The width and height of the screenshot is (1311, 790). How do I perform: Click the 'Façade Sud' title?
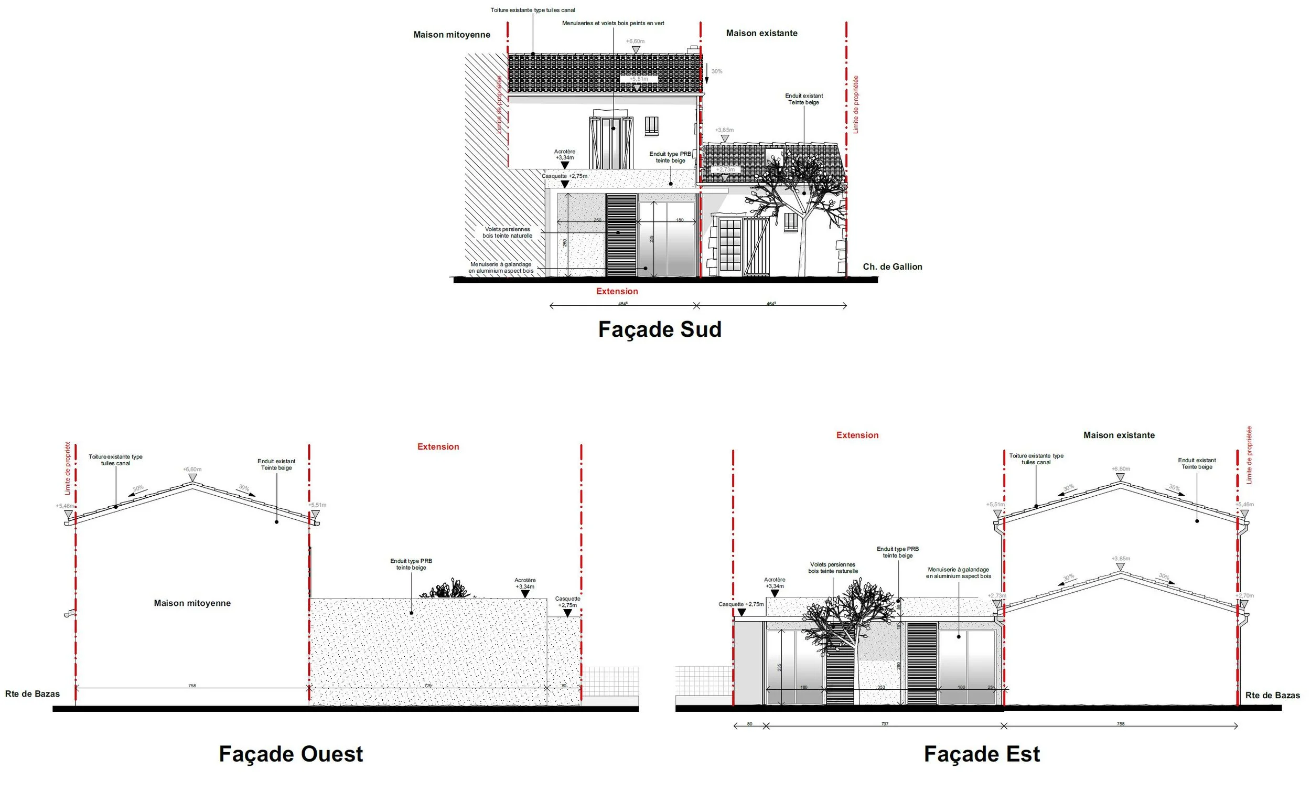[x=660, y=329]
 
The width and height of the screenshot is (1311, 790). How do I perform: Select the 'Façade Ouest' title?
[x=291, y=754]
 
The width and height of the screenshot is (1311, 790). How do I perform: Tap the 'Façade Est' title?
[x=982, y=754]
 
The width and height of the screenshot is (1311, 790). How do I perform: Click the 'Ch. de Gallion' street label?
[x=893, y=266]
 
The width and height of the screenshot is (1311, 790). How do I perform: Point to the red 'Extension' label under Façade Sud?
[x=617, y=291]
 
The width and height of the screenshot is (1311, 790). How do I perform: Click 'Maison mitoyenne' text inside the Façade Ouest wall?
[x=192, y=603]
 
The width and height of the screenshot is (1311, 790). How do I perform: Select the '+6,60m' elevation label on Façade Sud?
[x=635, y=41]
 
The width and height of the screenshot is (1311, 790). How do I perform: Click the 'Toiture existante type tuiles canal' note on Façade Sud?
[x=533, y=10]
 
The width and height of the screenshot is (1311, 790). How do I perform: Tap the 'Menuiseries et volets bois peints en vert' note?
[x=613, y=24]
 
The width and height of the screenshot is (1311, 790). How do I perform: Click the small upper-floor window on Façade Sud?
[x=652, y=125]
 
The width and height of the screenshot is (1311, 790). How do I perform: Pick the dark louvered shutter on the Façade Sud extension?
[x=621, y=235]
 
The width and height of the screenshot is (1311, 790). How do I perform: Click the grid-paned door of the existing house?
[x=730, y=245]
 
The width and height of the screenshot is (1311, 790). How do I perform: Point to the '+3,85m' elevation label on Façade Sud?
[x=724, y=130]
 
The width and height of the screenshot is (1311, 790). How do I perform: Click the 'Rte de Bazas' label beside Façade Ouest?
[x=33, y=694]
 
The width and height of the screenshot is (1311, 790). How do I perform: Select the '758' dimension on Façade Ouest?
[x=192, y=686]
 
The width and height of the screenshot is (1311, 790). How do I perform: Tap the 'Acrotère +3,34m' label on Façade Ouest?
[x=524, y=583]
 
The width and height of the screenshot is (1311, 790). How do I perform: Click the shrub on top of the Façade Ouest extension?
[x=445, y=589]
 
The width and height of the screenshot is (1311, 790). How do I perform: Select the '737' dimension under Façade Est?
[x=885, y=724]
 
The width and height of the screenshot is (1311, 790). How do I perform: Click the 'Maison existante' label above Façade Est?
[x=1119, y=435]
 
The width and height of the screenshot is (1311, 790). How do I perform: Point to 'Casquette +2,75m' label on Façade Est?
[x=740, y=605]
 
